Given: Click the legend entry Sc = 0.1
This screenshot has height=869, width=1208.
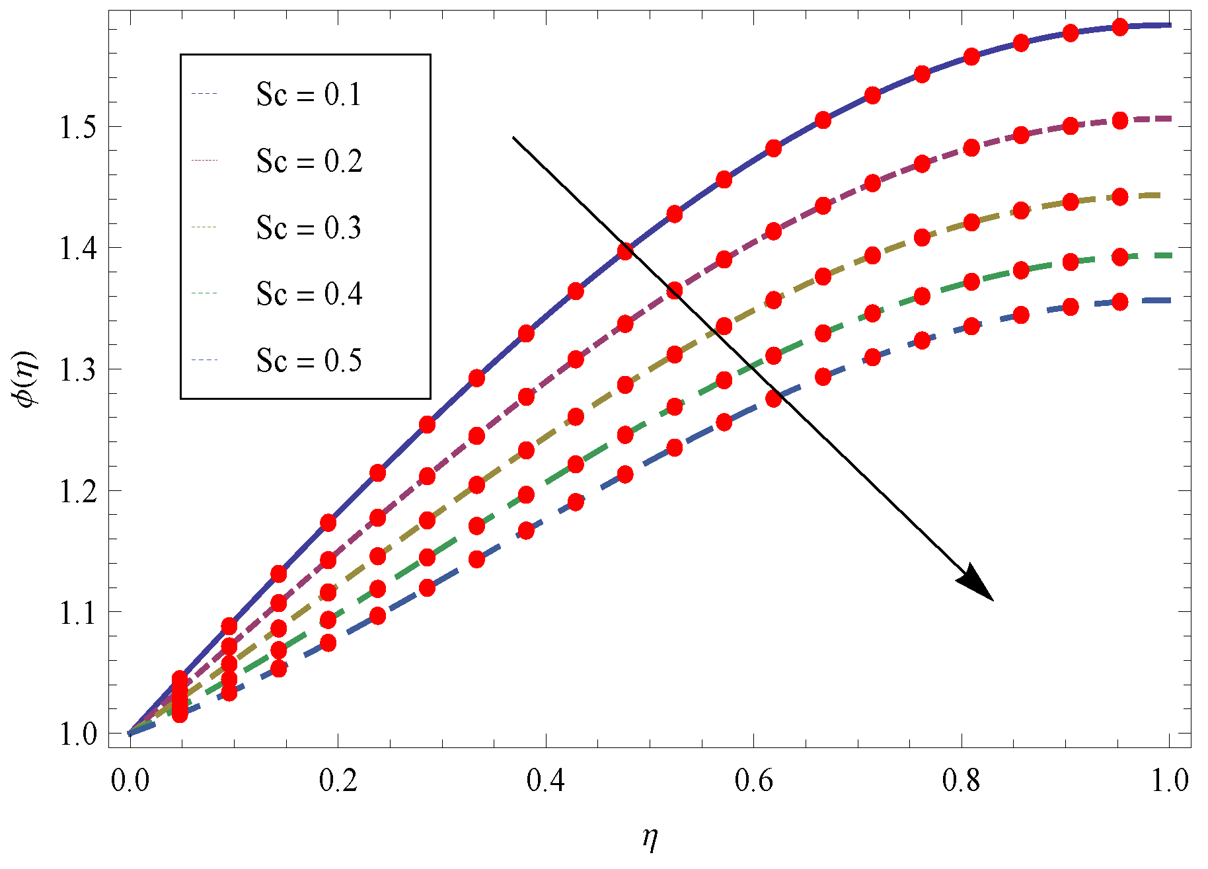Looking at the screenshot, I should click(x=309, y=94).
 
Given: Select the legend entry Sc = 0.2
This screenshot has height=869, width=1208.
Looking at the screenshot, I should click(x=309, y=161).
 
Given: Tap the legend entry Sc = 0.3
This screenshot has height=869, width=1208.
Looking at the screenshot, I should click(x=309, y=228).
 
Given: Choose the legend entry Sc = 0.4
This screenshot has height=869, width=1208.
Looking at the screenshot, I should click(x=309, y=294).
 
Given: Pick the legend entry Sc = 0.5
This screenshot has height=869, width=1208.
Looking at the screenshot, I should click(x=309, y=361).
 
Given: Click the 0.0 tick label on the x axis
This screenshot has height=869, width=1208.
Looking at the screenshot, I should click(x=130, y=781).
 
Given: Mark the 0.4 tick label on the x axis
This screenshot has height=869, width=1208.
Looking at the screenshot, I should click(x=546, y=781).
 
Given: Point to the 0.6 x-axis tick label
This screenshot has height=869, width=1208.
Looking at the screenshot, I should click(x=754, y=781).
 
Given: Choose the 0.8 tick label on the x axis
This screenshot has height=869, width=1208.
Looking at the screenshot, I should click(x=962, y=781).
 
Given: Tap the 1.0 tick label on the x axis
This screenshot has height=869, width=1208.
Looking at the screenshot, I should click(x=1170, y=781).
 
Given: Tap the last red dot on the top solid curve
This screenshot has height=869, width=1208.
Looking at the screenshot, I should click(x=1120, y=27).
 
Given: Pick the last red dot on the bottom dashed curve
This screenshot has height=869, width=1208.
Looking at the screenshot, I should click(x=1120, y=302).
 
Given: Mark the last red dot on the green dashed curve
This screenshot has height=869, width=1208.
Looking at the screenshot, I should click(x=1120, y=257).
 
